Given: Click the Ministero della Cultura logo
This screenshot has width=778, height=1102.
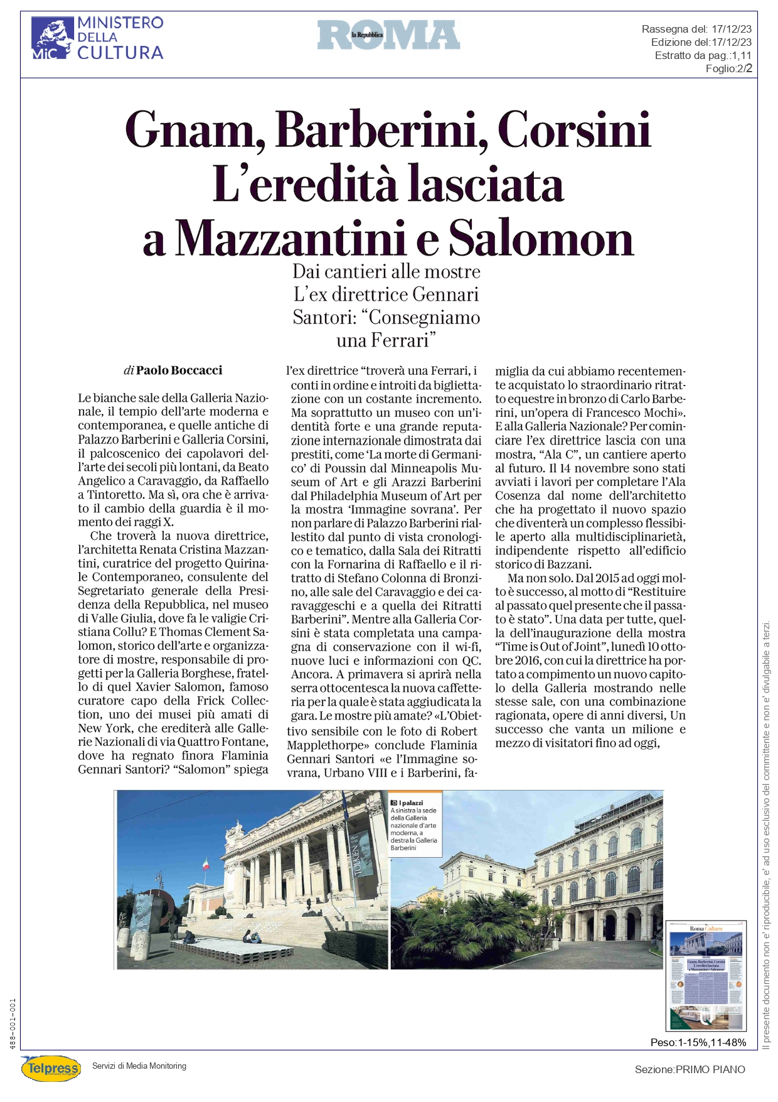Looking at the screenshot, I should (x=97, y=38).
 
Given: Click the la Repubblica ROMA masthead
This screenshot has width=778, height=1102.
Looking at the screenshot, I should (x=388, y=35).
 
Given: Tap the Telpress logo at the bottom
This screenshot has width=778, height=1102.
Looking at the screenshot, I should (x=51, y=1068).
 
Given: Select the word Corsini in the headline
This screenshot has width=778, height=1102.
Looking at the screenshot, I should (x=574, y=130).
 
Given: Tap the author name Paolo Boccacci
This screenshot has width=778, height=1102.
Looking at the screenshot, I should (x=179, y=370).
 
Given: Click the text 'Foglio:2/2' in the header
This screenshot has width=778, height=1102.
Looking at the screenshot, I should (x=728, y=68).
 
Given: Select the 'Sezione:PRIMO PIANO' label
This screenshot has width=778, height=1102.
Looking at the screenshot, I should (x=690, y=1069).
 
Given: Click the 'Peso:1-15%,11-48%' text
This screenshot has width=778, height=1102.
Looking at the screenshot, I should (x=698, y=1042).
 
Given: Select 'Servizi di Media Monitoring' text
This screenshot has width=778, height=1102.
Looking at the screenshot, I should (x=139, y=1066).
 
